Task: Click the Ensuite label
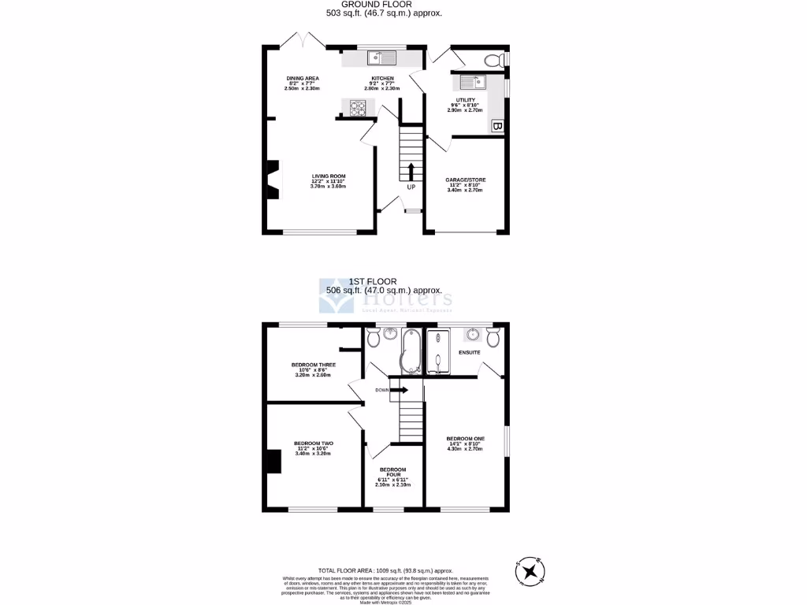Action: click(x=470, y=352)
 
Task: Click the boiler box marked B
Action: click(x=497, y=126)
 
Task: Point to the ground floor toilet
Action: click(x=493, y=60)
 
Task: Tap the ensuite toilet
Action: click(x=493, y=338)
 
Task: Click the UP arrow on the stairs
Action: click(x=411, y=171)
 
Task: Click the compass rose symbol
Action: click(x=533, y=570)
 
